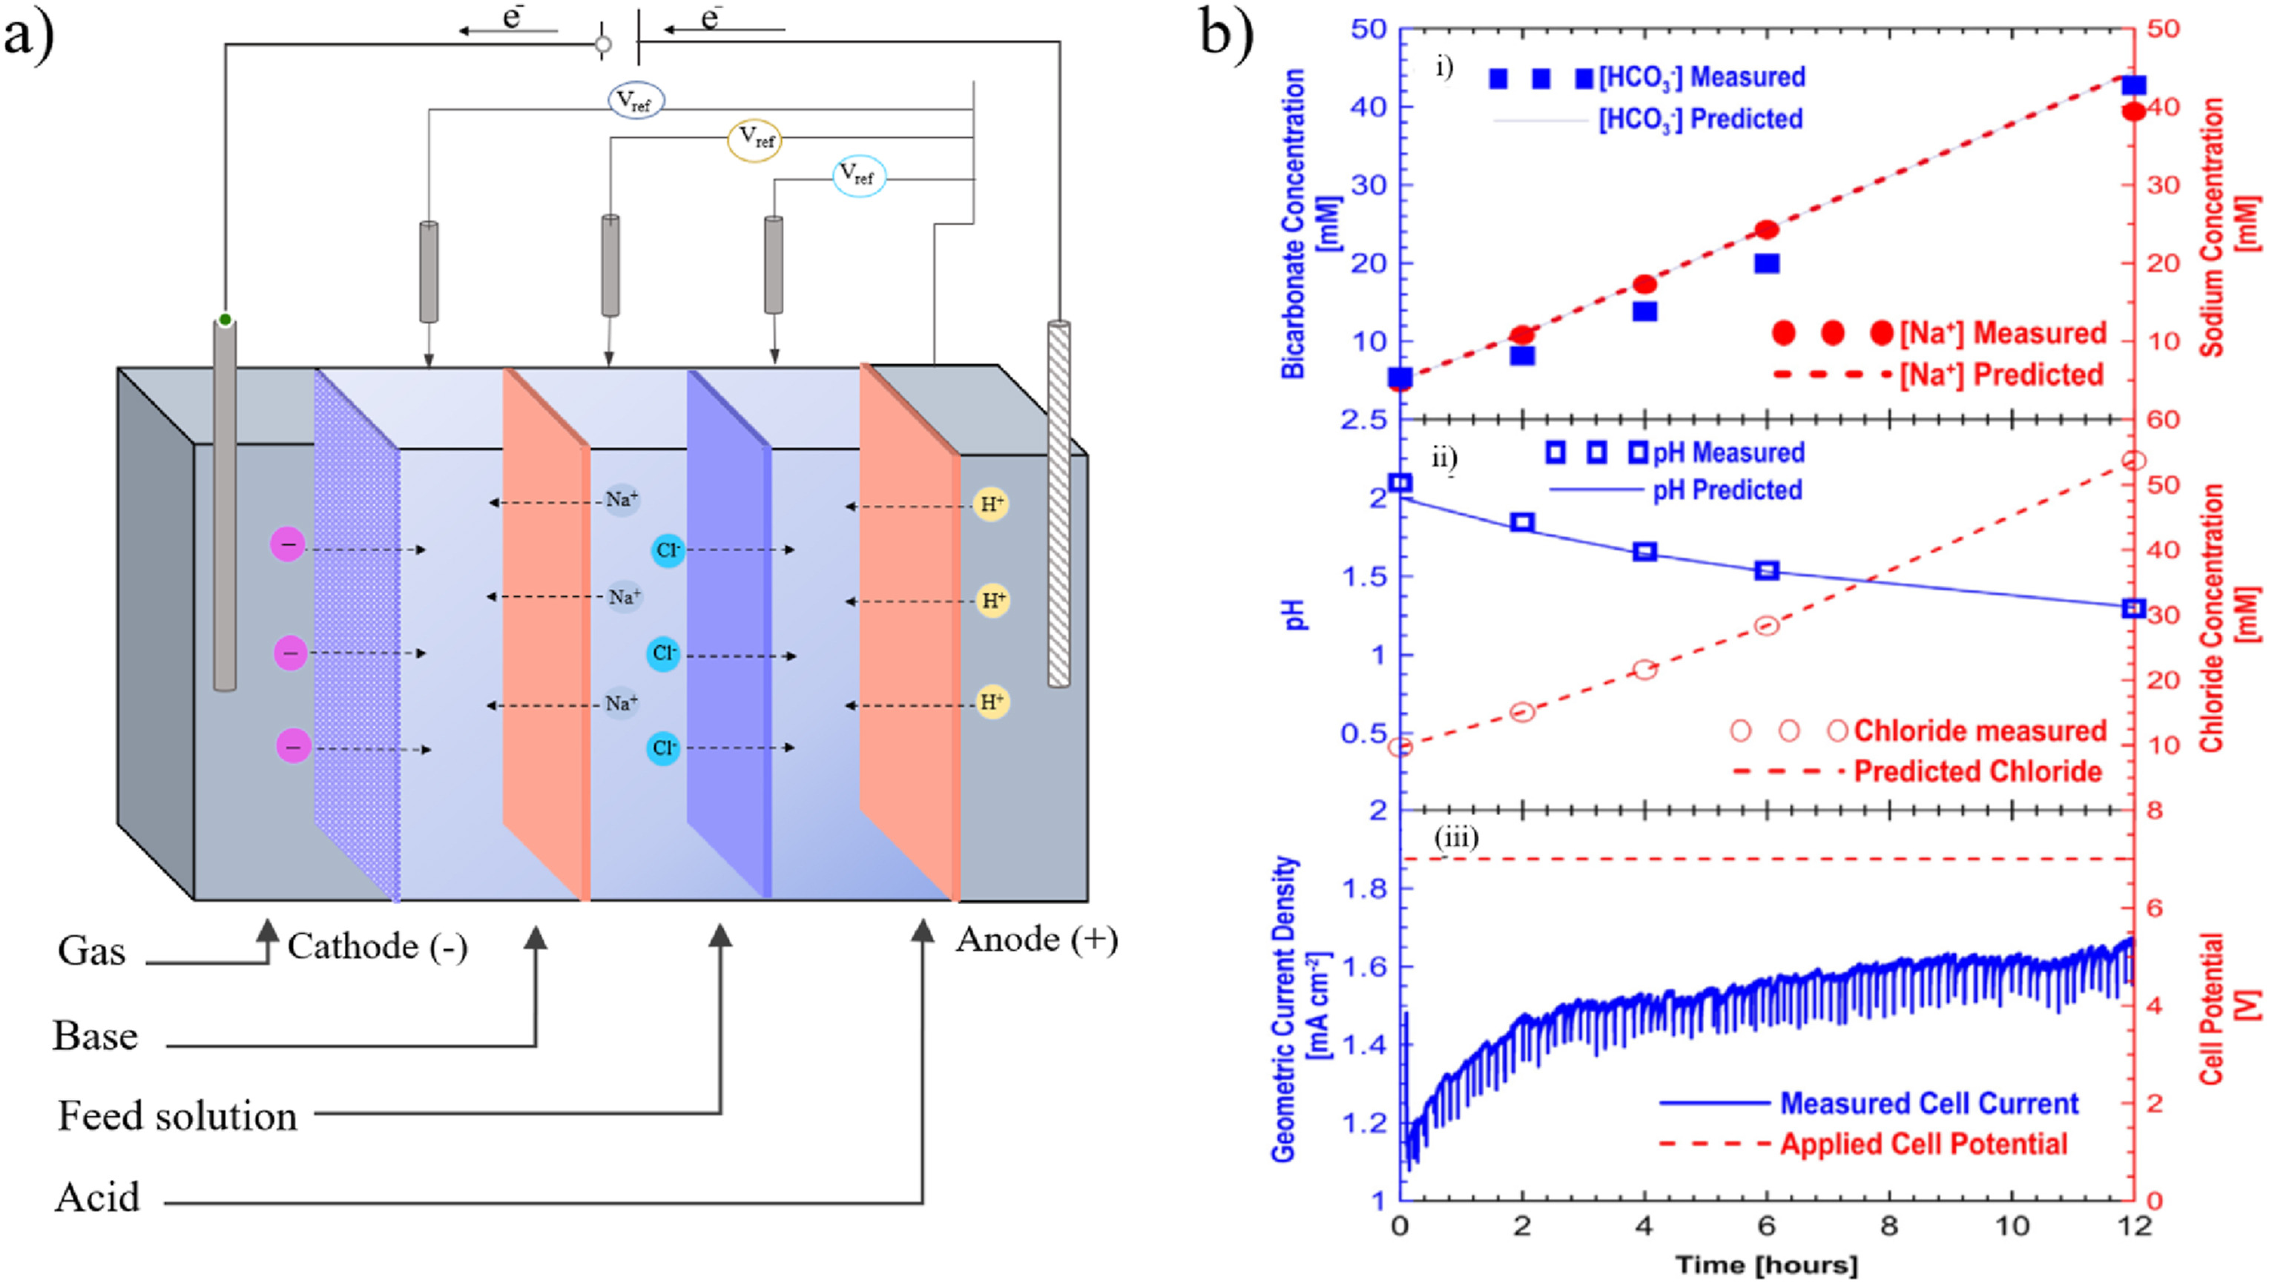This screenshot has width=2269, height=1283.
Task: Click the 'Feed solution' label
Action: pos(177,1116)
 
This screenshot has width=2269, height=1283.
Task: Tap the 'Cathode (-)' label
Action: pos(377,947)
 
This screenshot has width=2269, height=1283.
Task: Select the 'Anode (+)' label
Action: pos(1036,940)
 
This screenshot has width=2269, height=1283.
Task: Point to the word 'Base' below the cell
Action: pos(95,1036)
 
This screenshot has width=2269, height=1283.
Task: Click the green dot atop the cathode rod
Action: pos(225,320)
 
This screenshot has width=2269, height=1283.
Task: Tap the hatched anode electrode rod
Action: pos(1058,502)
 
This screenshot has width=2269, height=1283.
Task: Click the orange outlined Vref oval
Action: pos(754,139)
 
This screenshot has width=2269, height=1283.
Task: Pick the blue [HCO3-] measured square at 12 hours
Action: pos(2133,85)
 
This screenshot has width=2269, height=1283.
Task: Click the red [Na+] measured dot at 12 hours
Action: pos(2133,112)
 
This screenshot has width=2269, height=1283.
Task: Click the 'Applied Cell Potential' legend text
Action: pos(1923,1144)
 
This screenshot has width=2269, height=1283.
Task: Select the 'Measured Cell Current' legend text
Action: pos(1929,1104)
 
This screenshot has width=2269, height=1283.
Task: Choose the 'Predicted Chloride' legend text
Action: pos(1977,772)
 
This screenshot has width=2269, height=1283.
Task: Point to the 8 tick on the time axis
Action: pos(1889,1227)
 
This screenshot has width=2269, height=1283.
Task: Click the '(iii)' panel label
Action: pos(1456,837)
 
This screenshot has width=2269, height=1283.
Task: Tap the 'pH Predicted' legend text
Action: pos(1727,490)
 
